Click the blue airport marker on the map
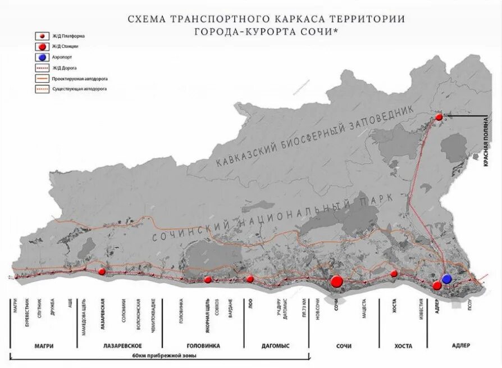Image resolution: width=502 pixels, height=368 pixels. [447, 279]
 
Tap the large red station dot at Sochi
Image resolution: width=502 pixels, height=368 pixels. [337, 281]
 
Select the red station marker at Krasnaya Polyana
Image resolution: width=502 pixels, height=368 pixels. [439, 117]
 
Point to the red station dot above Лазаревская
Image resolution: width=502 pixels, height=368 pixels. [102, 271]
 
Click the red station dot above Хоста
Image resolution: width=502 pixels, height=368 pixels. [394, 274]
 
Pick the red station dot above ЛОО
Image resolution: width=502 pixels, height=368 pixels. [250, 279]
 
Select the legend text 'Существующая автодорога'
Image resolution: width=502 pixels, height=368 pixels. [74, 89]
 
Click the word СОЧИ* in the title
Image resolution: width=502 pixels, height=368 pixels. [321, 31]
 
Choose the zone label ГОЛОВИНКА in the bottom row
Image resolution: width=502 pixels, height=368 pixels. [203, 346]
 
